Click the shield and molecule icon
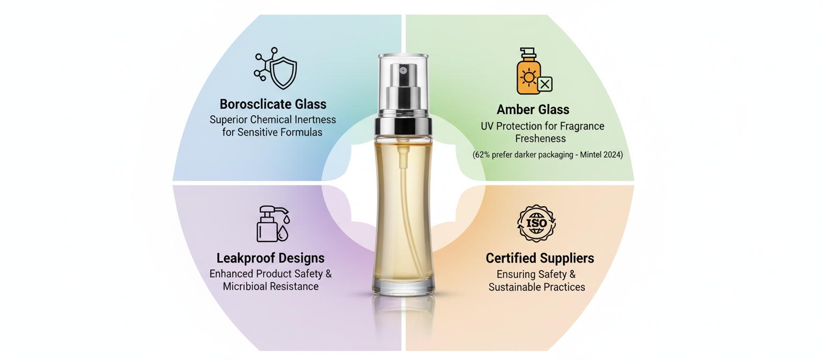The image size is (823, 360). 275,69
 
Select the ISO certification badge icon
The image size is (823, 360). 536,223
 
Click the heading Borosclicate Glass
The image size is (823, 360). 273,104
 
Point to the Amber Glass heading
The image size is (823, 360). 533,109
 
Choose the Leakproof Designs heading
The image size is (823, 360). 271,258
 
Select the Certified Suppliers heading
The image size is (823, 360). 540,258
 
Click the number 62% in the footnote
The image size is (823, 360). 482,155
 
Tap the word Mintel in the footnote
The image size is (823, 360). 589,155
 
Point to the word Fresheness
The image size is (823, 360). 541,139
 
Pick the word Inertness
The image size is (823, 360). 315,120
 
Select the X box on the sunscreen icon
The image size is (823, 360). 545,84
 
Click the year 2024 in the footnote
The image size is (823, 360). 610,155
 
